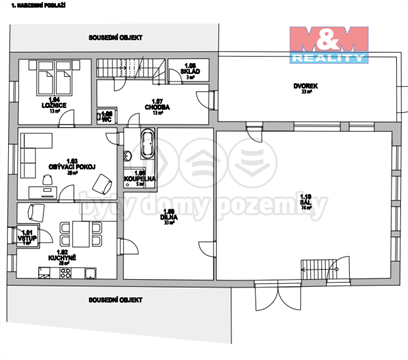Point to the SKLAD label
click(x=189, y=72)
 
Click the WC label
click(x=106, y=117)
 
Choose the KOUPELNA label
click(x=140, y=178)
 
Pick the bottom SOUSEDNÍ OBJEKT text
click(x=114, y=299)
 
